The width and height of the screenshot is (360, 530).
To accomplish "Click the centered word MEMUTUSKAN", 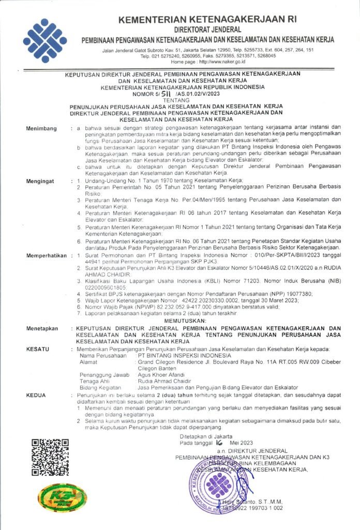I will (x=185, y=321).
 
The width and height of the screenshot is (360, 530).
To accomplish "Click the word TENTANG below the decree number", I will (x=179, y=100).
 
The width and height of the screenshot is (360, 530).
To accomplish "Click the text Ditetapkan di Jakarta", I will (x=202, y=436).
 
